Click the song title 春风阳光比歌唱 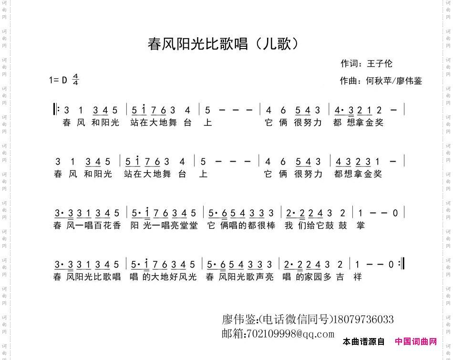pyautogui.click(x=198, y=44)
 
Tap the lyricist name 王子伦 pyautogui.click(x=380, y=64)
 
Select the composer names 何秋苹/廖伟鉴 pyautogui.click(x=394, y=81)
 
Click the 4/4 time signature pyautogui.click(x=75, y=80)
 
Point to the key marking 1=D pyautogui.click(x=58, y=80)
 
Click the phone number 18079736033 pyautogui.click(x=364, y=319)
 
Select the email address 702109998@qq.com pyautogui.click(x=290, y=333)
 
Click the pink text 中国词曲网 pyautogui.click(x=416, y=341)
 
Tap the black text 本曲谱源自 pyautogui.click(x=364, y=341)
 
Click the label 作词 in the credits pyautogui.click(x=349, y=64)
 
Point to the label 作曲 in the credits pyautogui.click(x=349, y=81)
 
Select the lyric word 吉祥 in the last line pyautogui.click(x=349, y=277)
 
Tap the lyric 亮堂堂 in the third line pyautogui.click(x=185, y=226)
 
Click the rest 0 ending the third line pyautogui.click(x=395, y=213)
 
